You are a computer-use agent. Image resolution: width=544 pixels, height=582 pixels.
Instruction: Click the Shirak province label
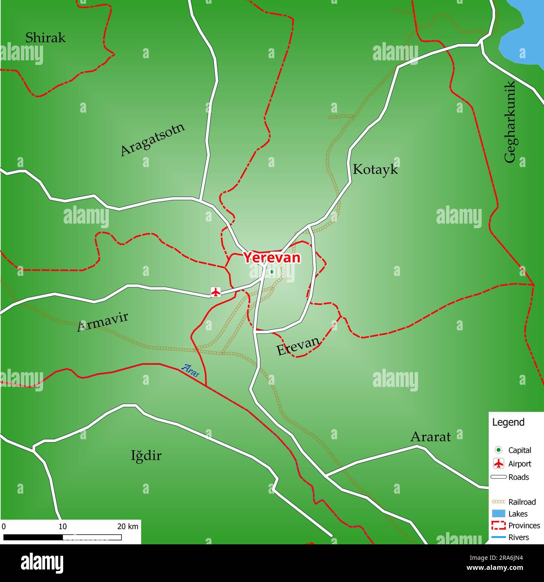(x=45, y=38)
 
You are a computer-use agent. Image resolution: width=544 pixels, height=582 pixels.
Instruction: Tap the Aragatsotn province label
(x=152, y=140)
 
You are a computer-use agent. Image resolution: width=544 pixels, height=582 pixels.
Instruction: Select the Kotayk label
(x=375, y=169)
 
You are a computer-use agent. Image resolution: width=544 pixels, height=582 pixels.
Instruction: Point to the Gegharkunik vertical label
(x=510, y=121)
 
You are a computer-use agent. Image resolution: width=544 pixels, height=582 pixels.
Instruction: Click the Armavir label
(x=103, y=322)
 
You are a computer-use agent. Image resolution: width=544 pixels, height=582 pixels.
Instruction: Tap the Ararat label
(x=430, y=437)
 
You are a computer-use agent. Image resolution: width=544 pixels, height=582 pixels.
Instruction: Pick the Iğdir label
(x=146, y=456)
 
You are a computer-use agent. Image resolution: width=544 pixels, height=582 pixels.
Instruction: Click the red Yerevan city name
(x=272, y=258)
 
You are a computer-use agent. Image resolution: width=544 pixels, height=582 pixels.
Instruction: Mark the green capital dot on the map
(x=272, y=272)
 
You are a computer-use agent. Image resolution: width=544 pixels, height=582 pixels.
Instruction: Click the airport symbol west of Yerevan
(x=216, y=292)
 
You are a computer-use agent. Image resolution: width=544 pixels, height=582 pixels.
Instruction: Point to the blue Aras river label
(x=190, y=370)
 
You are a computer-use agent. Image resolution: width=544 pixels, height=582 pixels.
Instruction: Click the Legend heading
(x=508, y=422)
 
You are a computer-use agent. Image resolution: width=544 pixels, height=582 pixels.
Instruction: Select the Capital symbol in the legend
(x=498, y=450)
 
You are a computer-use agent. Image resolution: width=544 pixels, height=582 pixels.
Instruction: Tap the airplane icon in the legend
(x=498, y=464)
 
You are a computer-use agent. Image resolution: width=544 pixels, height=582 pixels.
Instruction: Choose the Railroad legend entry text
(x=522, y=502)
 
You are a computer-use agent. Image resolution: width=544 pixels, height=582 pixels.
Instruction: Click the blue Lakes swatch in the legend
(x=498, y=514)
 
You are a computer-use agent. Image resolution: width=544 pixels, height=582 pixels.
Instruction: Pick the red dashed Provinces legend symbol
(x=498, y=525)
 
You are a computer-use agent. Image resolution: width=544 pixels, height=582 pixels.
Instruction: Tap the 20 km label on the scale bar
(x=128, y=526)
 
